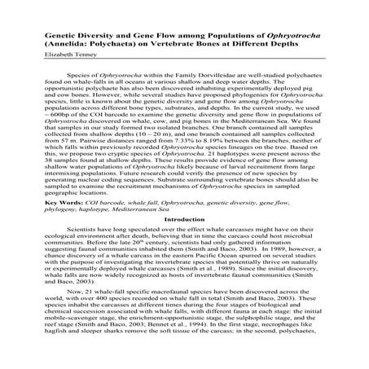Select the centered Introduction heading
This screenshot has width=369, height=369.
[x=184, y=219]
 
